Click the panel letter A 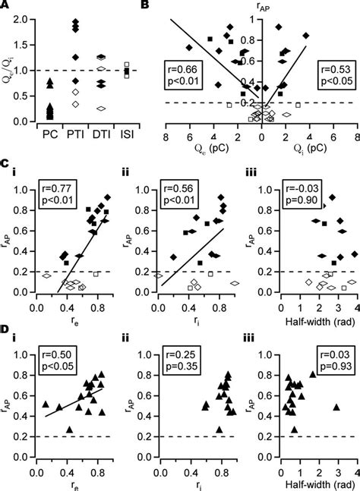click(x=5, y=6)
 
